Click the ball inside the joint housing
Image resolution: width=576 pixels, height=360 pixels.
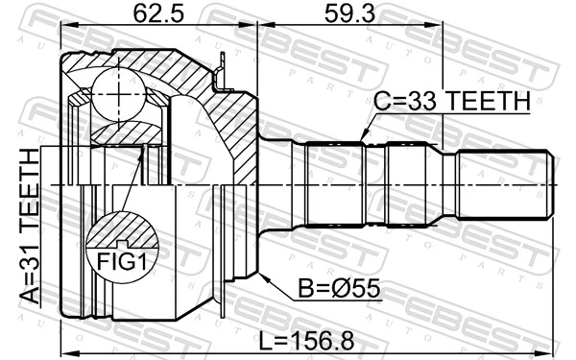117,94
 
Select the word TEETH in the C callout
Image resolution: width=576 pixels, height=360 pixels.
489,101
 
